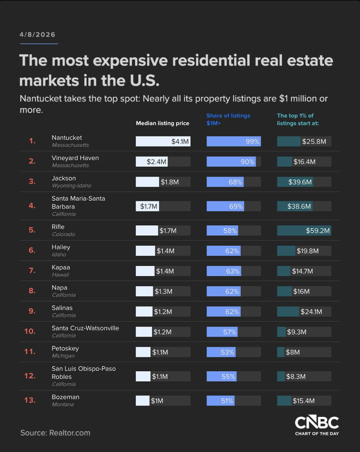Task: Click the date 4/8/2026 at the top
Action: [38, 34]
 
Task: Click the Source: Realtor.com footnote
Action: [55, 433]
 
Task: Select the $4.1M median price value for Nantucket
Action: [180, 142]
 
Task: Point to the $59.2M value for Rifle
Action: [318, 231]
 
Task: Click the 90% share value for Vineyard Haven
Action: [247, 162]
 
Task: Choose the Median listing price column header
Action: [163, 123]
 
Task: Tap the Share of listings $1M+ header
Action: [228, 119]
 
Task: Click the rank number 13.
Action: [30, 400]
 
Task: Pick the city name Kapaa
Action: [61, 267]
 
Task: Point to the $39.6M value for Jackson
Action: [300, 182]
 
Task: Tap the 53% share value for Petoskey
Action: [228, 352]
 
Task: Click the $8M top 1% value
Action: [293, 352]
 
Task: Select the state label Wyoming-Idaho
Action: [71, 186]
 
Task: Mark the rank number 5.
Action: [32, 230]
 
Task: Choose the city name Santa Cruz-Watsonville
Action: [85, 328]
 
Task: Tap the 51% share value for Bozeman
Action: [227, 401]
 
